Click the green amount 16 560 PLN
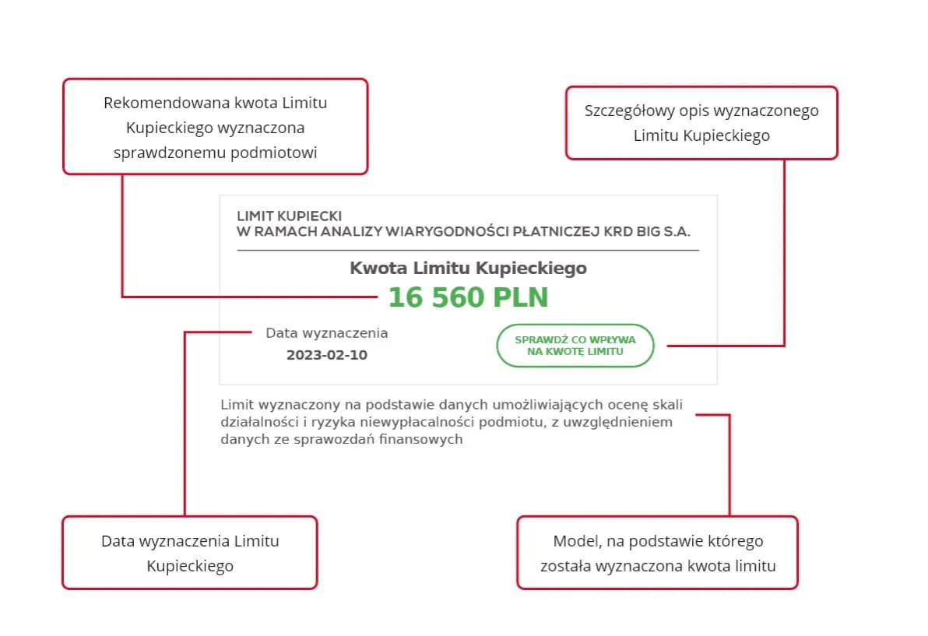(x=468, y=297)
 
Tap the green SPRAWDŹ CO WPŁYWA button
(x=575, y=346)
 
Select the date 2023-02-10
(x=327, y=355)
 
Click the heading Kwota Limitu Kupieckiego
(x=468, y=269)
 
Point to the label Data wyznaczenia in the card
(x=327, y=333)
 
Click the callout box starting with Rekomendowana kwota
(x=215, y=126)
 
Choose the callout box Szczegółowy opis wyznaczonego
(x=701, y=123)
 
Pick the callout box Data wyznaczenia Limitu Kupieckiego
(x=190, y=553)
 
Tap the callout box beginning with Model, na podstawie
(x=658, y=553)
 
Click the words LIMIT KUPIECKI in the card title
(x=290, y=216)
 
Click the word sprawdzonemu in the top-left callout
(x=170, y=153)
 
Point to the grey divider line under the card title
(x=468, y=250)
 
